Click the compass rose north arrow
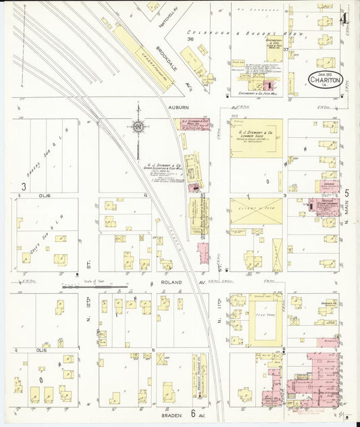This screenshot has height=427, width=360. click(138, 125)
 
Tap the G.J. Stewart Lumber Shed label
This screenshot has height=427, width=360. click(256, 128)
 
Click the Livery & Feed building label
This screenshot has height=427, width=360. click(256, 211)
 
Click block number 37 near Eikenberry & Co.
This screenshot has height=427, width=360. click(286, 49)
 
